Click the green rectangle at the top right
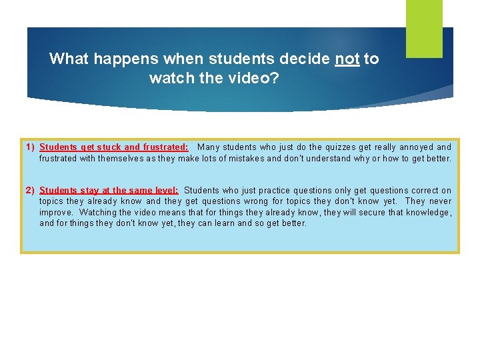point(425,28)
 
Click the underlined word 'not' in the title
point(347,59)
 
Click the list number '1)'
point(30,147)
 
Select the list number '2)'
point(30,191)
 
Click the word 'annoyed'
point(415,147)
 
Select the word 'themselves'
point(125,159)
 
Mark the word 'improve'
point(55,213)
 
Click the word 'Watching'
point(97,213)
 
